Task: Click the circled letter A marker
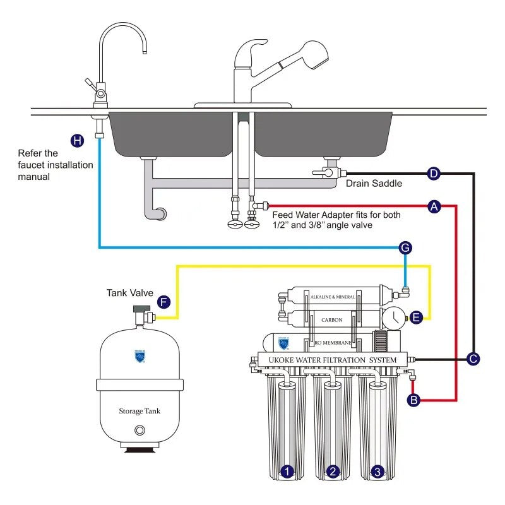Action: tap(434, 206)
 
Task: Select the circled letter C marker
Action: tap(473, 359)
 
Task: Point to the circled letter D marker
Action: tap(434, 173)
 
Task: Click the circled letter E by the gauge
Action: tap(415, 317)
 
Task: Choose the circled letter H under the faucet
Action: tap(77, 140)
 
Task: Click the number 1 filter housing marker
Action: tap(287, 471)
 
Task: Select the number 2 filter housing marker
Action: tap(333, 471)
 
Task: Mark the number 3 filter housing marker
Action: tap(377, 471)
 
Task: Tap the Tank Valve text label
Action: tap(126, 294)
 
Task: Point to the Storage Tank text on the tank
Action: tap(140, 411)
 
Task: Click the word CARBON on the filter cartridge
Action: tap(332, 320)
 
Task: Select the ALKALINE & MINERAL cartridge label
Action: tap(332, 297)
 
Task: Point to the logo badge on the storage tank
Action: tap(140, 357)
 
